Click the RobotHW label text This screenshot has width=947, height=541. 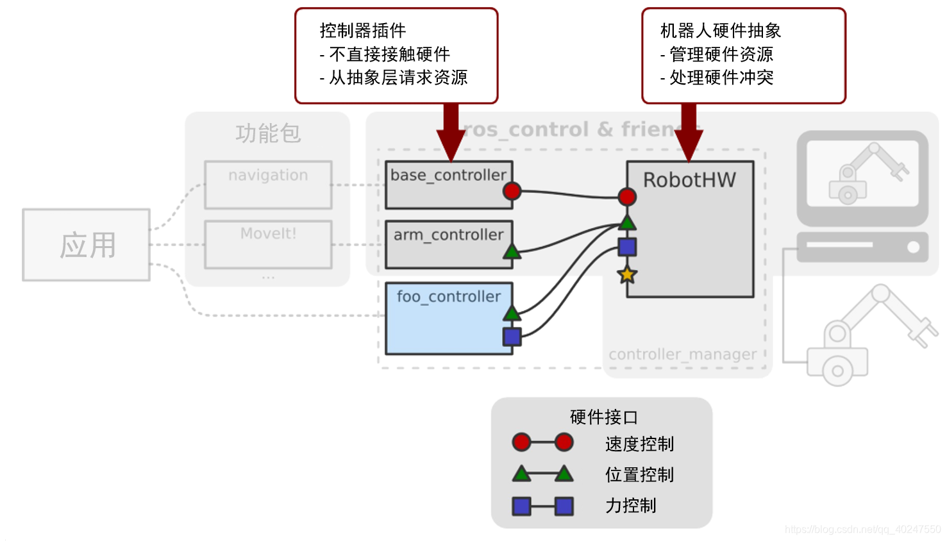[689, 180]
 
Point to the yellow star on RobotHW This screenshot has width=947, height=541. [626, 275]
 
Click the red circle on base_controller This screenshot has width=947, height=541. [512, 191]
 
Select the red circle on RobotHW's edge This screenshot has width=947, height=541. [627, 197]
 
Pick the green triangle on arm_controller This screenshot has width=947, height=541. [512, 251]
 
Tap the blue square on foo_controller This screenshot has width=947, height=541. [512, 337]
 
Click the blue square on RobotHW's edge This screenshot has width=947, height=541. [627, 247]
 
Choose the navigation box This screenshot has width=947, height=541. [268, 185]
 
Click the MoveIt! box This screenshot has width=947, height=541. [268, 244]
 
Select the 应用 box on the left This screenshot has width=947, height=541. [87, 245]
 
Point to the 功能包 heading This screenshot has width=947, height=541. [268, 133]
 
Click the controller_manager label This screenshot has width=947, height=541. [682, 354]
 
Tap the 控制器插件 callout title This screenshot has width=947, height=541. [363, 31]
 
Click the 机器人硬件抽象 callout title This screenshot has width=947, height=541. [721, 31]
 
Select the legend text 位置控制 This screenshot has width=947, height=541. [639, 474]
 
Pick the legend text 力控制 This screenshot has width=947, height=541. [631, 506]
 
